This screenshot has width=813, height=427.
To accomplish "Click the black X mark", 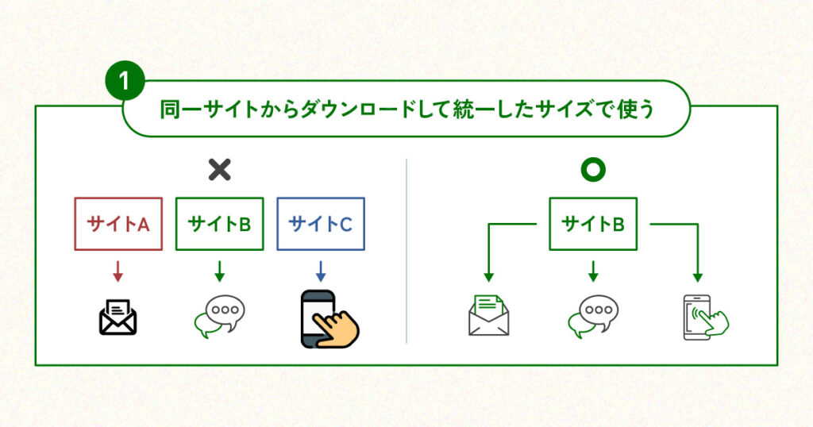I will coord(219,169).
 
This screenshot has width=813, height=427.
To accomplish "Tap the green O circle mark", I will coord(592,170).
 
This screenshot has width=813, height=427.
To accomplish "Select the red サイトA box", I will coord(118,224).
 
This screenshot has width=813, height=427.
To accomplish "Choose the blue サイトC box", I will coord(320,224).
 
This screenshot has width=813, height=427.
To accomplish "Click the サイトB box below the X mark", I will coord(219,224).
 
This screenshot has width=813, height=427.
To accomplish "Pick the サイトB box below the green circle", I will coord(592,224).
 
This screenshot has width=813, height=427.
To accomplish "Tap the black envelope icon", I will coord(118,316).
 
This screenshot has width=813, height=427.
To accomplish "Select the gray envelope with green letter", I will coord(488,315).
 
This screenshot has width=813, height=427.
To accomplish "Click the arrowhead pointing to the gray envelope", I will coord(488,277).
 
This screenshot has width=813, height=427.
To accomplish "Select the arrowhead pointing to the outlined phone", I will coord(697,277).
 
